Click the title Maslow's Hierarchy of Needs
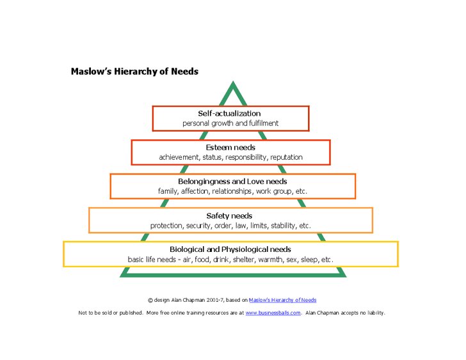click(134, 72)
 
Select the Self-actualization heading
click(229, 113)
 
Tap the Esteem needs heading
click(230, 147)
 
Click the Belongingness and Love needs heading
click(233, 181)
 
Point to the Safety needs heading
click(229, 215)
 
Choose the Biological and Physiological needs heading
click(230, 249)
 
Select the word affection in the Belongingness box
click(194, 191)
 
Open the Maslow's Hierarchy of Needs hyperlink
click(282, 299)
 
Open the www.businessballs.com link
click(273, 313)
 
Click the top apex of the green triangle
click(233, 84)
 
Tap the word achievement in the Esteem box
click(180, 157)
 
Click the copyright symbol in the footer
click(150, 299)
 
